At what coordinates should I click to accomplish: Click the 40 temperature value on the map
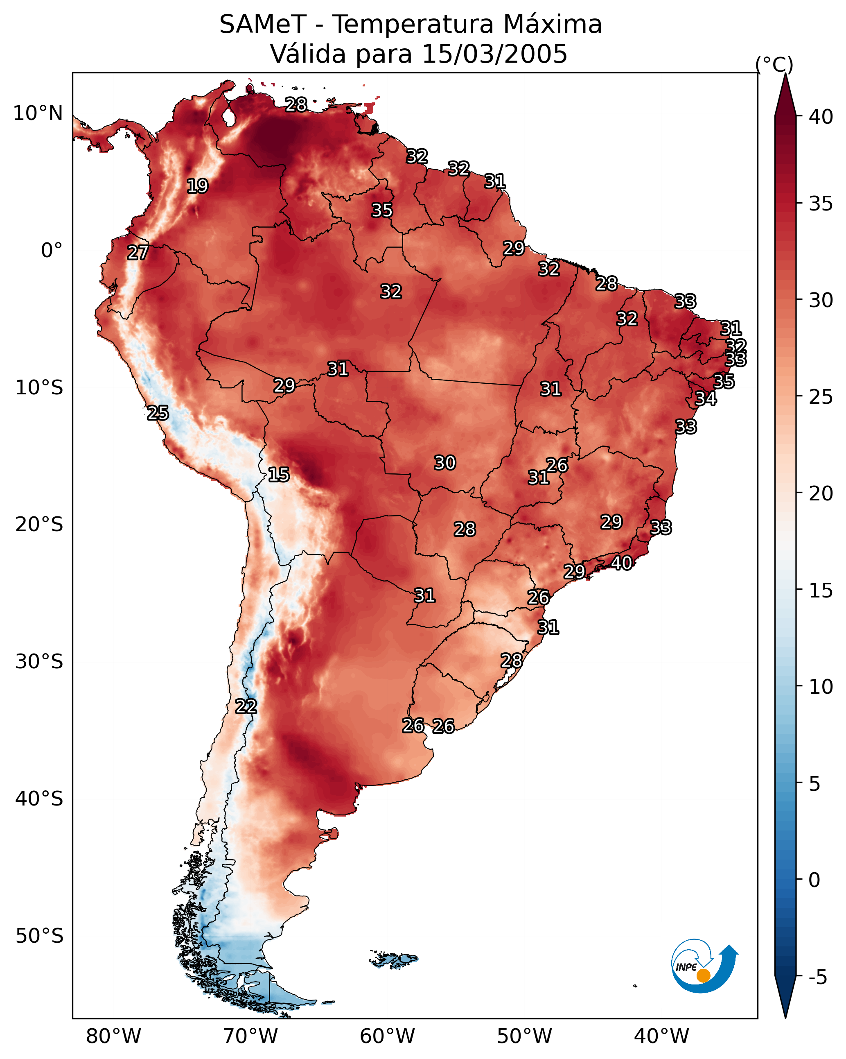click(622, 563)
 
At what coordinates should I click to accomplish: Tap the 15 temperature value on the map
click(279, 475)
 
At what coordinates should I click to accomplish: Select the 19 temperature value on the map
click(197, 186)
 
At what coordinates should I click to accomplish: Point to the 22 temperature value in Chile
click(246, 706)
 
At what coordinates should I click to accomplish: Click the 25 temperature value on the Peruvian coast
click(158, 413)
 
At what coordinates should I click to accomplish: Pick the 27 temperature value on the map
click(138, 253)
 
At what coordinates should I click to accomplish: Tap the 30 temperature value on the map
click(445, 463)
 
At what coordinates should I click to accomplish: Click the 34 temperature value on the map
click(706, 398)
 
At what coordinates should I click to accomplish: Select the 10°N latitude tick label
click(38, 113)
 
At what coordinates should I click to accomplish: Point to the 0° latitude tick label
click(52, 251)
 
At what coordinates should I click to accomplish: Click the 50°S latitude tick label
click(39, 936)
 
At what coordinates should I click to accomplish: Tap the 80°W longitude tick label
click(113, 1036)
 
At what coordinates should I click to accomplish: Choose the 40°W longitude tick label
click(661, 1036)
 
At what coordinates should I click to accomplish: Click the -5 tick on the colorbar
click(817, 978)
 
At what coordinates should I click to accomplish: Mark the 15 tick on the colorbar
click(821, 590)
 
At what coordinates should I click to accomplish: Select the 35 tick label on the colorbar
click(821, 204)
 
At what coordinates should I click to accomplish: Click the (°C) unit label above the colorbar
click(774, 64)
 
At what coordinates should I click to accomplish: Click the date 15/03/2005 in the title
click(494, 54)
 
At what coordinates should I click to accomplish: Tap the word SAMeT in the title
click(263, 25)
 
